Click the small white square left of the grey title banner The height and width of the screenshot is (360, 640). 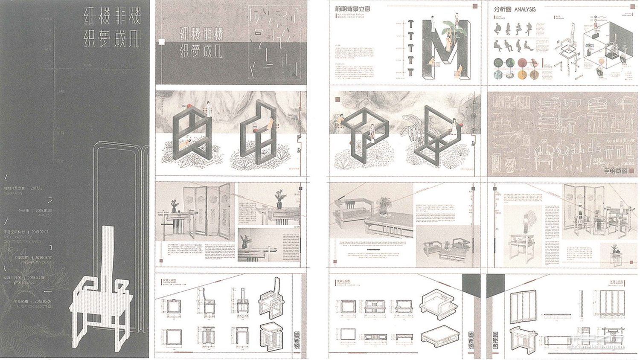click(161, 42)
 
